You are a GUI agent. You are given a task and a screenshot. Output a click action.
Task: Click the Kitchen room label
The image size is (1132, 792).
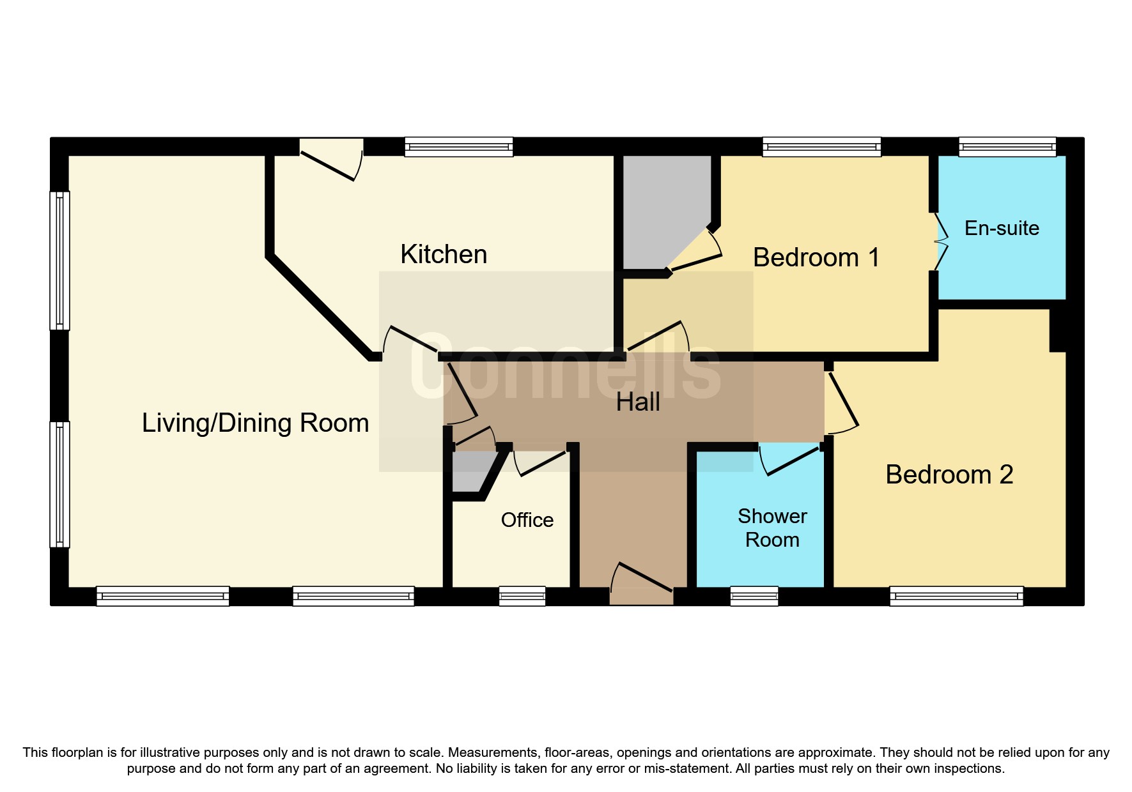pyautogui.click(x=444, y=254)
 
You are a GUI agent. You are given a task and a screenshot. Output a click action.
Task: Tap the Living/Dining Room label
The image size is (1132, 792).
pyautogui.click(x=255, y=423)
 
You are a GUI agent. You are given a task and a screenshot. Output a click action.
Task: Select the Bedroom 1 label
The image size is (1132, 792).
pyautogui.click(x=816, y=257)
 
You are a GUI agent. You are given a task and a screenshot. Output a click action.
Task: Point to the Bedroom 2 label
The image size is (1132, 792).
pyautogui.click(x=949, y=475)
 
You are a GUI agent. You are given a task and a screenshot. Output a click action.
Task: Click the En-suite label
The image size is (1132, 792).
pyautogui.click(x=1002, y=228)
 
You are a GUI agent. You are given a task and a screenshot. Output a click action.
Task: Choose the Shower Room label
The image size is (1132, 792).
pyautogui.click(x=772, y=528)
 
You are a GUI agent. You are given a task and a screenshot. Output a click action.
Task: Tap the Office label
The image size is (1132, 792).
pyautogui.click(x=527, y=520)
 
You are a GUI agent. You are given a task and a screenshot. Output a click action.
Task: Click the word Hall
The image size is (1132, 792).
pyautogui.click(x=638, y=402)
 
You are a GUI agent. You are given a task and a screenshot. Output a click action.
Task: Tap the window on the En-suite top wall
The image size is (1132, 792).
pyautogui.click(x=1007, y=147)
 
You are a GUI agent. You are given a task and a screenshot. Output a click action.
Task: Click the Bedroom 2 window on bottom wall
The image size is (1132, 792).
pyautogui.click(x=956, y=596)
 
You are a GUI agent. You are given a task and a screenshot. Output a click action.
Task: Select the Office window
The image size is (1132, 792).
pyautogui.click(x=522, y=596)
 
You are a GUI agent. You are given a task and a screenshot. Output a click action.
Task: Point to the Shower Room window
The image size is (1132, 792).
pyautogui.click(x=754, y=596)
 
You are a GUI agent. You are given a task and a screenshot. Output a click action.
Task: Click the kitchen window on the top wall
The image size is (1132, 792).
pyautogui.click(x=459, y=147)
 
